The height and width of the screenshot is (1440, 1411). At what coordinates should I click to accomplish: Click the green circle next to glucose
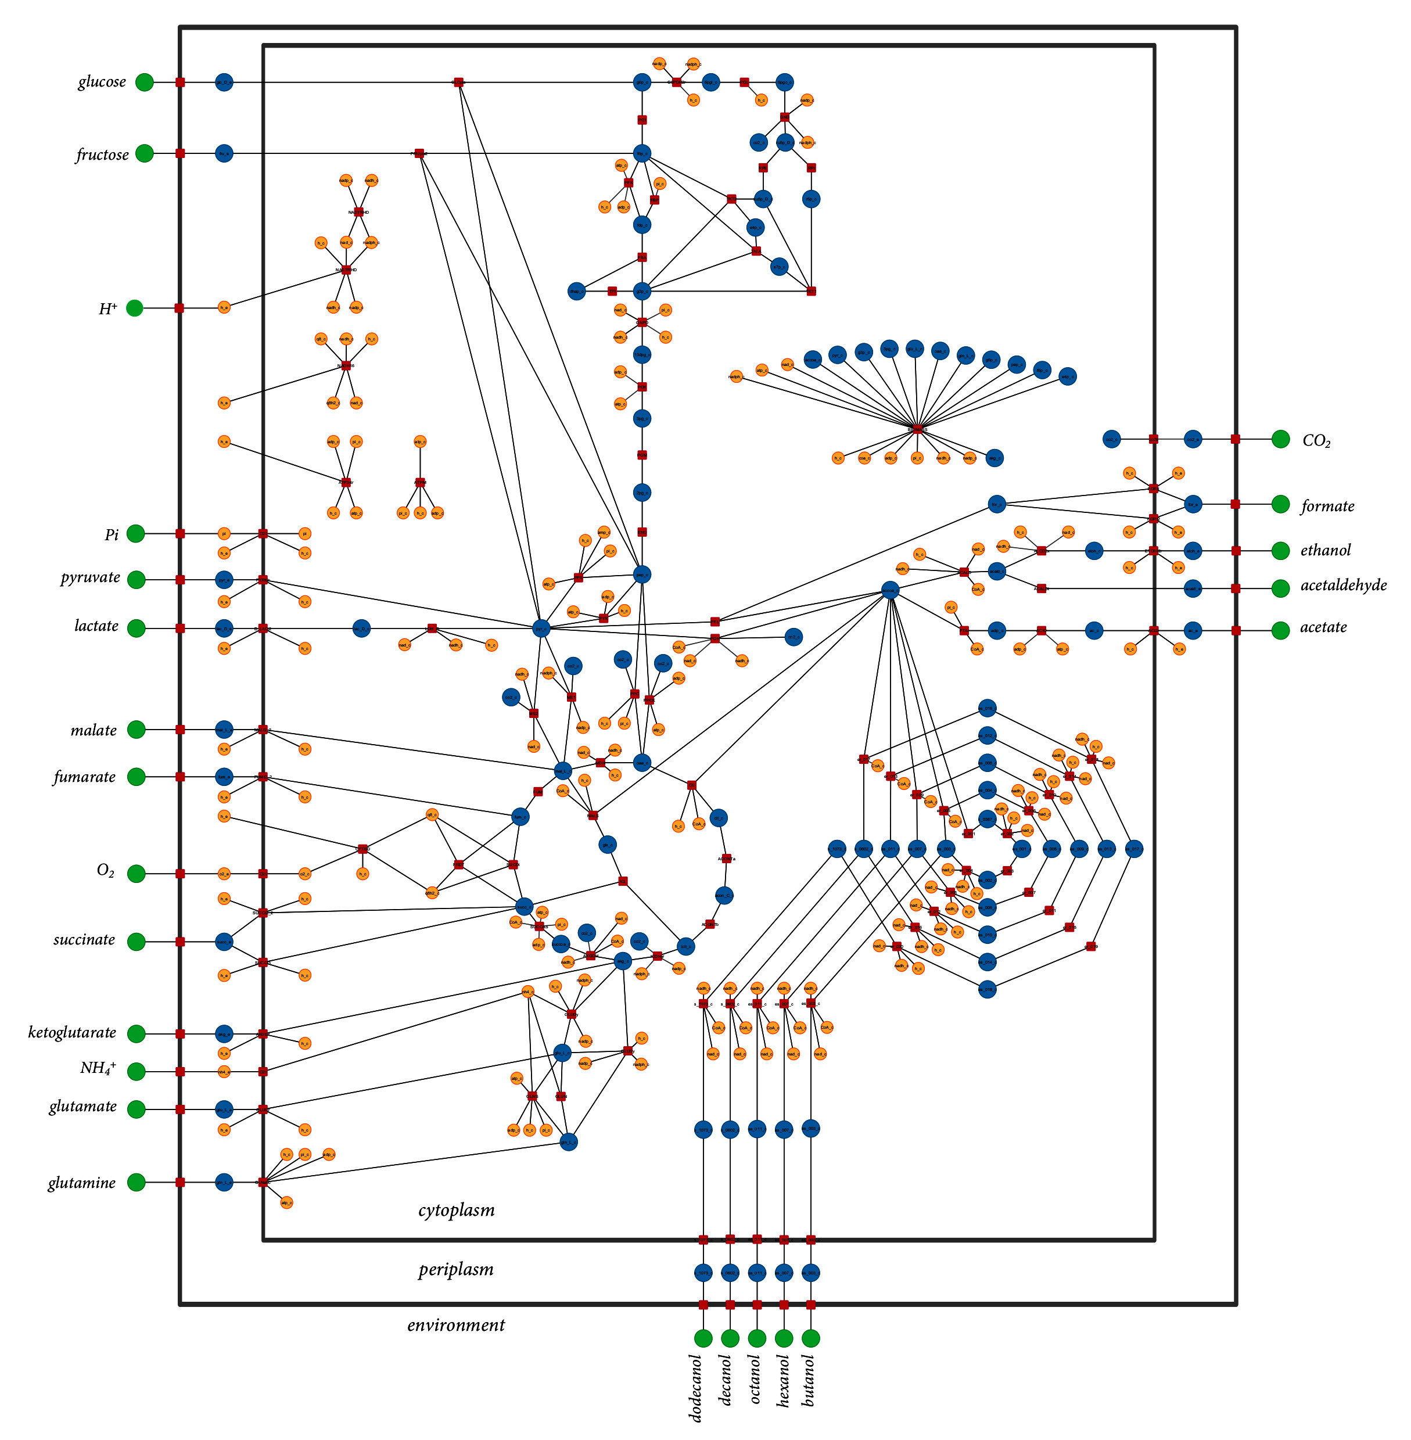tap(145, 82)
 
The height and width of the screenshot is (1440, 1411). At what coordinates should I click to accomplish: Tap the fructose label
tap(102, 155)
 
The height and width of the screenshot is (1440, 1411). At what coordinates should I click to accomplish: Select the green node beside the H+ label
tap(134, 307)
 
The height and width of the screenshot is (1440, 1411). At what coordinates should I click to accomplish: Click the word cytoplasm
tap(456, 1210)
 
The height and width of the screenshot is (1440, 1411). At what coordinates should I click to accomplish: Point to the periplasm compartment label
tap(456, 1270)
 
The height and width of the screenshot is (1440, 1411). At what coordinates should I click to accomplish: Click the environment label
tap(456, 1325)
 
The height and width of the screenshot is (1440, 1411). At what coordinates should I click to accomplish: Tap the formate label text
tap(1327, 506)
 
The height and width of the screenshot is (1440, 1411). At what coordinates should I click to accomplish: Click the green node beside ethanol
tap(1280, 550)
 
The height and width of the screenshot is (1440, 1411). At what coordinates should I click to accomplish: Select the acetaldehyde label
tap(1343, 586)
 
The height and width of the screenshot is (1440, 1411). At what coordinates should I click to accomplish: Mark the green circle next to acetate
tap(1280, 630)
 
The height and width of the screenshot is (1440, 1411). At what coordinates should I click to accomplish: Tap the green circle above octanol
tap(757, 1338)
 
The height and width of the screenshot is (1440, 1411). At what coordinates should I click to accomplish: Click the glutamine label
tap(81, 1183)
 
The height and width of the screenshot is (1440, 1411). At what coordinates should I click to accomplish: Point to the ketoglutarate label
tap(72, 1032)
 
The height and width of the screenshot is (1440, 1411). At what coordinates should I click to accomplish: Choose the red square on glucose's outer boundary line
tap(180, 82)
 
